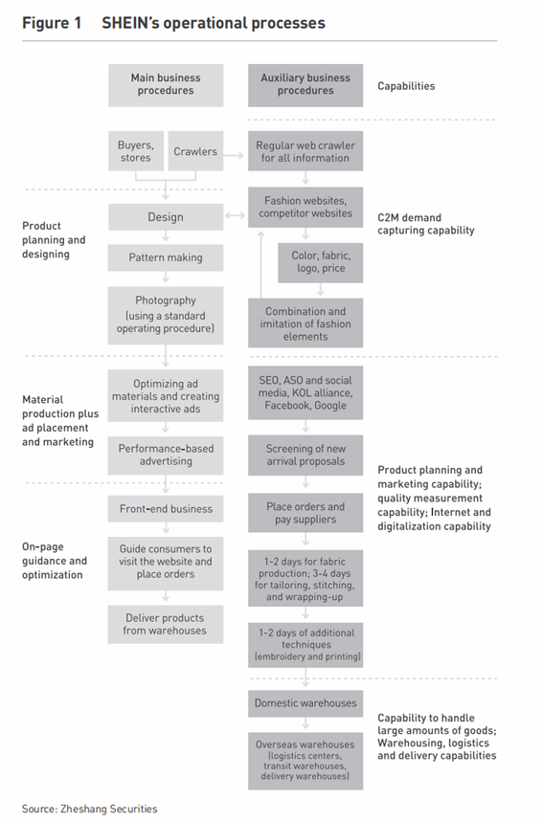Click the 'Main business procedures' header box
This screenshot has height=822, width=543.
166,85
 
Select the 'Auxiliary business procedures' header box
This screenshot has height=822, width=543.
305,85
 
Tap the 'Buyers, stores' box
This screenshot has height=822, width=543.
136,151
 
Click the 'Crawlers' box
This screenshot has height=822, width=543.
195,151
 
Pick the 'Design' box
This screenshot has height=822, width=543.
166,217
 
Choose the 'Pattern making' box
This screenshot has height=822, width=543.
166,257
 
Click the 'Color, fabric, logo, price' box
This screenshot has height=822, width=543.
321,262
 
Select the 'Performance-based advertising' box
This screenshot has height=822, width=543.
166,455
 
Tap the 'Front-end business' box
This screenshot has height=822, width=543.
166,508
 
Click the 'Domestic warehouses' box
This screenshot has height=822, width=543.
305,703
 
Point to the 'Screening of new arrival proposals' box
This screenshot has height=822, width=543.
305,455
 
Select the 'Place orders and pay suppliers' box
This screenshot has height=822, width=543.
305,513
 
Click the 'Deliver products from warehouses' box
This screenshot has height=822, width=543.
166,624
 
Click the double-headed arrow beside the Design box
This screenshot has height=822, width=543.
235,215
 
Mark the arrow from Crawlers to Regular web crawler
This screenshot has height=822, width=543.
234,155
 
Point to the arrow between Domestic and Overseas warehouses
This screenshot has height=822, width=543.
305,723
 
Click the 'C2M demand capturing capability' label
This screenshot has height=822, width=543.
426,224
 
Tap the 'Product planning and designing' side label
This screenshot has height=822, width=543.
54,239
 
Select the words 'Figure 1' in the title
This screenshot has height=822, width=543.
52,23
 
